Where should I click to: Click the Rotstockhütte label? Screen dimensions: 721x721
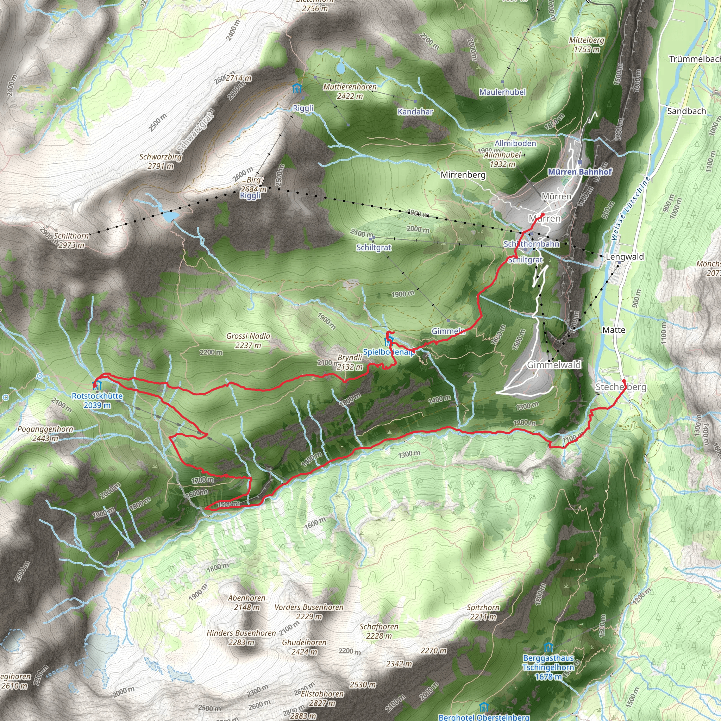click(x=97, y=400)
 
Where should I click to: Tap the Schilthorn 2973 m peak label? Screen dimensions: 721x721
click(x=71, y=241)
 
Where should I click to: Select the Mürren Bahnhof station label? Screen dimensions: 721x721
click(x=579, y=172)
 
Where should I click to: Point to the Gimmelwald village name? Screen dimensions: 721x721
click(x=554, y=365)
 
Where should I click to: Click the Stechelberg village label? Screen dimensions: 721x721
click(x=621, y=387)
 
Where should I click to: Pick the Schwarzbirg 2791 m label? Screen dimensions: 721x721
click(x=161, y=161)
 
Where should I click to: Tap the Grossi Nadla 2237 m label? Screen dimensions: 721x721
click(x=248, y=341)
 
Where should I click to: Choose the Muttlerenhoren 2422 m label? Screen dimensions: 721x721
click(x=350, y=92)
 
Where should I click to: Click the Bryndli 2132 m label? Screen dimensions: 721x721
click(x=350, y=362)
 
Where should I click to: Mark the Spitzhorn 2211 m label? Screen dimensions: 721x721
click(x=483, y=612)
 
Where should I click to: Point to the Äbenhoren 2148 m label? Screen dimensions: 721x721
click(x=247, y=603)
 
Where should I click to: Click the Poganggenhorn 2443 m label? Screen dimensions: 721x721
click(x=45, y=434)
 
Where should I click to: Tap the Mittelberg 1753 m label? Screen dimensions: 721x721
click(x=587, y=45)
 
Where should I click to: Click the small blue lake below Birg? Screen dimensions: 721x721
click(x=170, y=216)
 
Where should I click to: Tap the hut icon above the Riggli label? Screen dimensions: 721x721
click(x=297, y=88)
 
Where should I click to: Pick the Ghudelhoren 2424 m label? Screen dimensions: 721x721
click(x=304, y=647)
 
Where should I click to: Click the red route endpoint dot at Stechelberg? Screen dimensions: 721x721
click(x=623, y=381)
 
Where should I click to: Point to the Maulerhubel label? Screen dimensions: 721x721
click(x=502, y=92)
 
